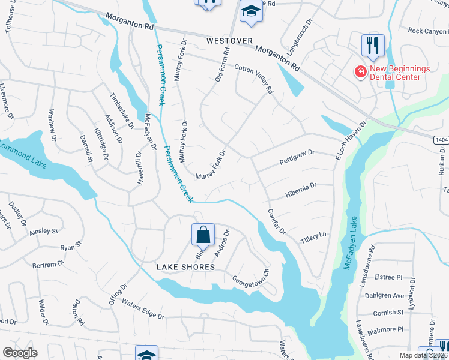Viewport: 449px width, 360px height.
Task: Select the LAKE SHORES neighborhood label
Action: [x=185, y=266]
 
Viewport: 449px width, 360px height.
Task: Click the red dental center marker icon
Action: [x=360, y=73]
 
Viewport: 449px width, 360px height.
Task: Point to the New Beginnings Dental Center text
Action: [x=399, y=73]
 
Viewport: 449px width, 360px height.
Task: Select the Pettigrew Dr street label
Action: [x=297, y=158]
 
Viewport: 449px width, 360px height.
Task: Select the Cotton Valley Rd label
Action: [x=254, y=79]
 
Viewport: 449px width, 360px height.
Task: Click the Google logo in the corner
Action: [x=20, y=352]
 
